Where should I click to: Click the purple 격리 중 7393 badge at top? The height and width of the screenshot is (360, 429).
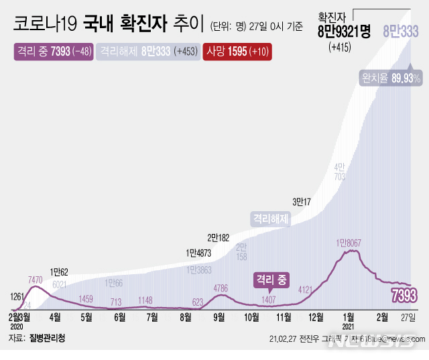(53, 52)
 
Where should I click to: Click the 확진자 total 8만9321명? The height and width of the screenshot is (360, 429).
(345, 32)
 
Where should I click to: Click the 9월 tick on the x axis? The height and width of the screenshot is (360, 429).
(219, 316)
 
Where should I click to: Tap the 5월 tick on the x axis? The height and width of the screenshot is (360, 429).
(86, 316)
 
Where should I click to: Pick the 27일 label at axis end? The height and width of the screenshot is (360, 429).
(407, 316)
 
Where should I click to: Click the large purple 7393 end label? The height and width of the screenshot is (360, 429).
(404, 295)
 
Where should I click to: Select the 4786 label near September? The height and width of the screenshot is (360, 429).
(221, 289)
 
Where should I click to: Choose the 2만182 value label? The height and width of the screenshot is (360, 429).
(219, 237)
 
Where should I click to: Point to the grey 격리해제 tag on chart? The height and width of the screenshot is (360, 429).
(270, 218)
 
